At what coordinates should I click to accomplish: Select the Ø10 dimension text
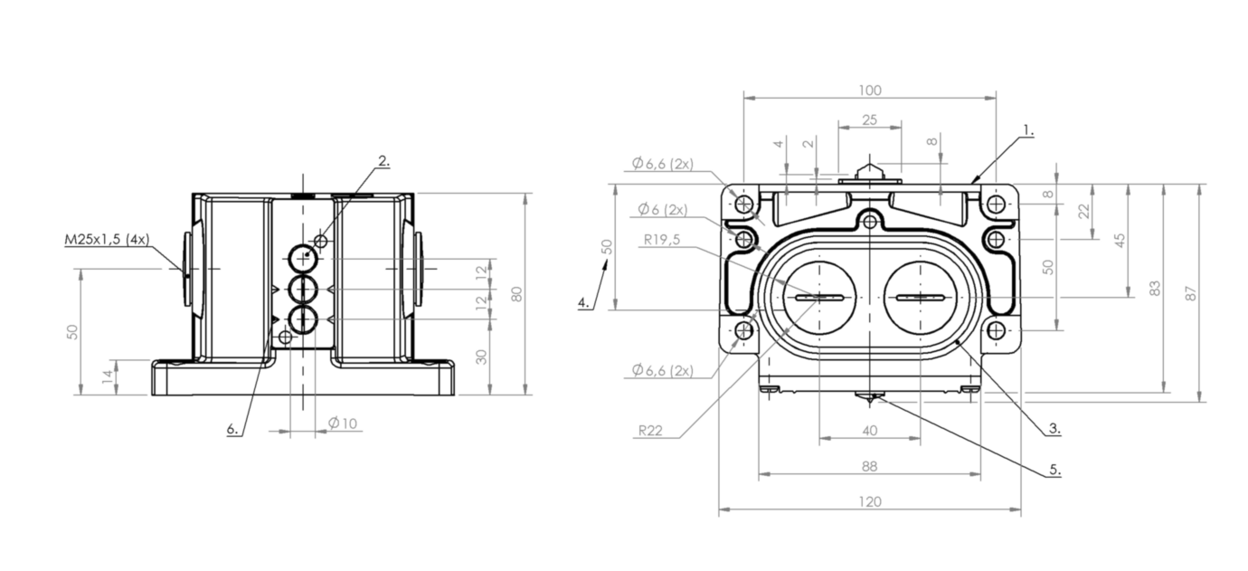coord(343,423)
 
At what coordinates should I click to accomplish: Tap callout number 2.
coord(383,161)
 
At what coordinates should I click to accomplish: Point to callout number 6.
coord(233,429)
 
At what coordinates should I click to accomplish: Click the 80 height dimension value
coord(516,294)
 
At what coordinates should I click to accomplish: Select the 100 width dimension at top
coord(870,90)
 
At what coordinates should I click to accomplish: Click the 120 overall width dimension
coord(870,501)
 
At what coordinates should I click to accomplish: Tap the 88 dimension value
coord(870,466)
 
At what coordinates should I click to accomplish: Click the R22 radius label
coord(651,431)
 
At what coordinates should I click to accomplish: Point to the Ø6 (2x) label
coord(662,209)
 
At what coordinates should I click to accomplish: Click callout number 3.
coord(1054,429)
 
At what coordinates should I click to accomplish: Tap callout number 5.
coord(1054,471)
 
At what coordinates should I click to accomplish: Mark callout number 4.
coord(584,302)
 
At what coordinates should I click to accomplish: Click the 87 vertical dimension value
coord(1192,293)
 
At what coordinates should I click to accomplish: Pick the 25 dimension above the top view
coord(869,119)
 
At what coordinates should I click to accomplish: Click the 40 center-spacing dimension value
coord(870,431)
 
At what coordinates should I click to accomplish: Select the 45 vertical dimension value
coord(1120,241)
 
